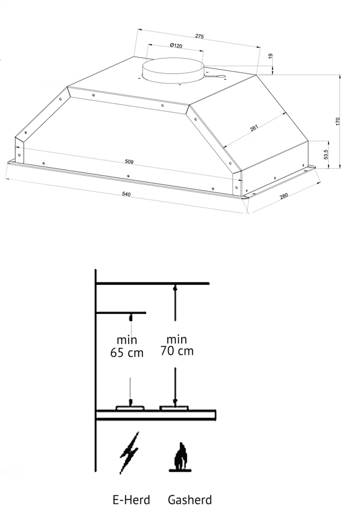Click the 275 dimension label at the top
199,36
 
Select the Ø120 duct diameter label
176,46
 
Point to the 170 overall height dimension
338,121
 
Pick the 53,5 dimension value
326,154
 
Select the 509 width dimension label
129,162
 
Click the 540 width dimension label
126,194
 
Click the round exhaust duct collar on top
173,70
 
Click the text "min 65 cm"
127,346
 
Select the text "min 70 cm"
176,345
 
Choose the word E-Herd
131,500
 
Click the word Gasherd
190,500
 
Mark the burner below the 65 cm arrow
131,408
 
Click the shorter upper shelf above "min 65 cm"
121,313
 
